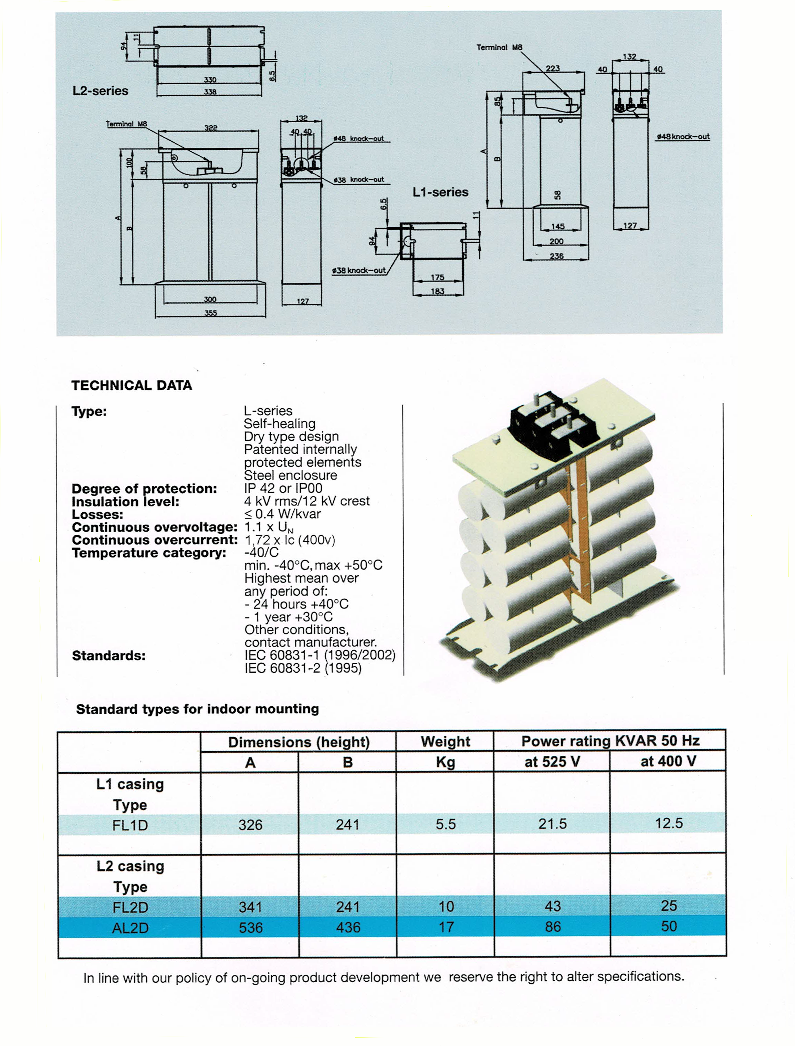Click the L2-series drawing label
pos(100,91)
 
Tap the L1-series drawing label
pos(440,192)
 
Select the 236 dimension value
pos(556,256)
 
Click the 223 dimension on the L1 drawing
pos(553,69)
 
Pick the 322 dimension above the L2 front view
pos(211,128)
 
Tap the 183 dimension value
pos(437,291)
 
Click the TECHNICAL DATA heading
pos(132,386)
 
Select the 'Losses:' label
pos(97,514)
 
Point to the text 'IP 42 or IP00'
pos(283,488)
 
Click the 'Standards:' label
pos(109,656)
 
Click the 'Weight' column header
pos(445,742)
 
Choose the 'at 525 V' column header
pos(552,762)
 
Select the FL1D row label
pos(130,826)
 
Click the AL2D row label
pos(130,928)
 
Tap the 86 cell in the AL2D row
pos(553,927)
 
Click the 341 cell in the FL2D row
pos(250,907)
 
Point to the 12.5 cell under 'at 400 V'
pos(669,824)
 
